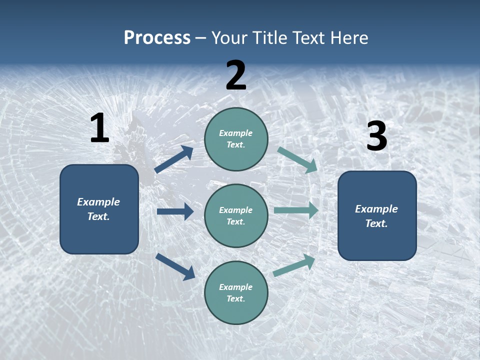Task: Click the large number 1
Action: pos(99,128)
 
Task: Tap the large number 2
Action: pos(236,75)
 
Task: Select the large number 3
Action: pos(376,136)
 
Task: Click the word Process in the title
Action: pos(157,37)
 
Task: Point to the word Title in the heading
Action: pos(269,37)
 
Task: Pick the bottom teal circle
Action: pos(236,310)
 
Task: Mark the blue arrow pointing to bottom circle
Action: pos(175,266)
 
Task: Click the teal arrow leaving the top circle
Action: pos(297,159)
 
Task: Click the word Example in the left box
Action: pos(98,202)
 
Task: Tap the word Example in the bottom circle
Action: pos(235,287)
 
